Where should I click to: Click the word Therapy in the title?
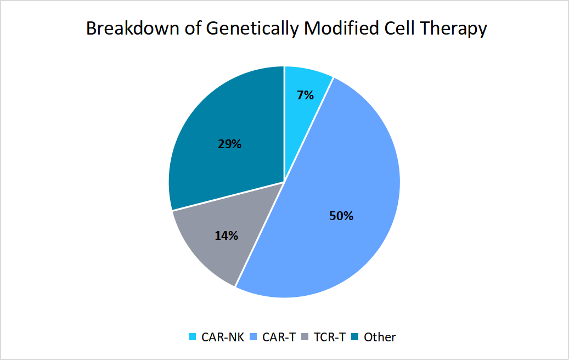click(455, 29)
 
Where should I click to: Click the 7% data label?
click(305, 95)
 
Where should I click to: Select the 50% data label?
click(341, 216)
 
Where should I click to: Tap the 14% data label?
click(226, 236)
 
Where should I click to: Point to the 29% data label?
click(229, 144)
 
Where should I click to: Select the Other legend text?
click(379, 337)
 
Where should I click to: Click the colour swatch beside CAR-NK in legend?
click(191, 337)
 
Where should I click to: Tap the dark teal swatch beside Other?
click(354, 337)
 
